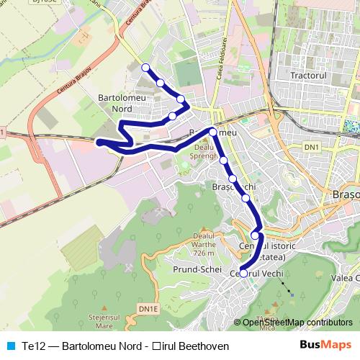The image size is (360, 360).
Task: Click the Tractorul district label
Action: (310, 75)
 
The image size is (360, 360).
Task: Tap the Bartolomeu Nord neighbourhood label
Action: (118, 102)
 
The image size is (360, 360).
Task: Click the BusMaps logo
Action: (330, 346)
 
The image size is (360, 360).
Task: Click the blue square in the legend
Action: (9, 346)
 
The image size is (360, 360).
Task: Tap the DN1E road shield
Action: (149, 309)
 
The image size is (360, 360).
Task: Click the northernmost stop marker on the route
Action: (145, 67)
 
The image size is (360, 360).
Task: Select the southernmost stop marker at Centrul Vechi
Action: (243, 274)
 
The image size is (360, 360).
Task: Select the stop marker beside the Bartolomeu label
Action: (213, 131)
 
